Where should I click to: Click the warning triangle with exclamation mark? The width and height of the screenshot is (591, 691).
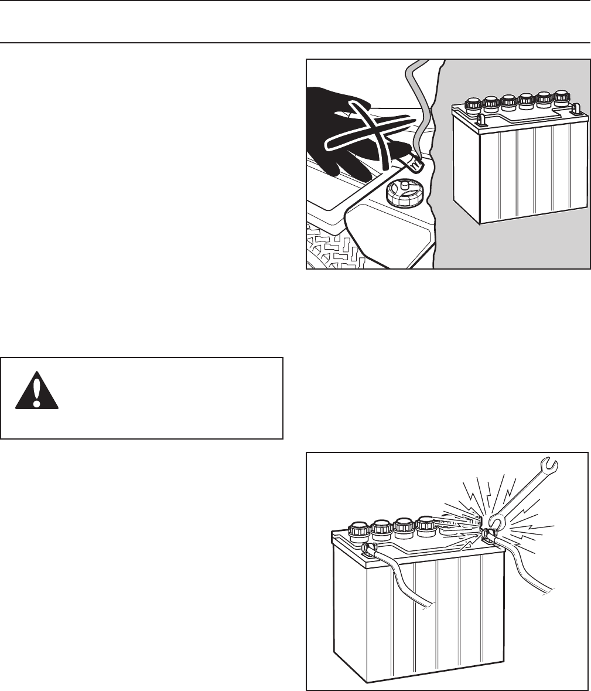36,390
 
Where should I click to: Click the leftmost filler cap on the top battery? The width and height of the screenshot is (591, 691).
473,104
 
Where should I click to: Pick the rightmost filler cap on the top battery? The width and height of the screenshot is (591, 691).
562,96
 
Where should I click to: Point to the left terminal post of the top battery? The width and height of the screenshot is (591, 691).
481,120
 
